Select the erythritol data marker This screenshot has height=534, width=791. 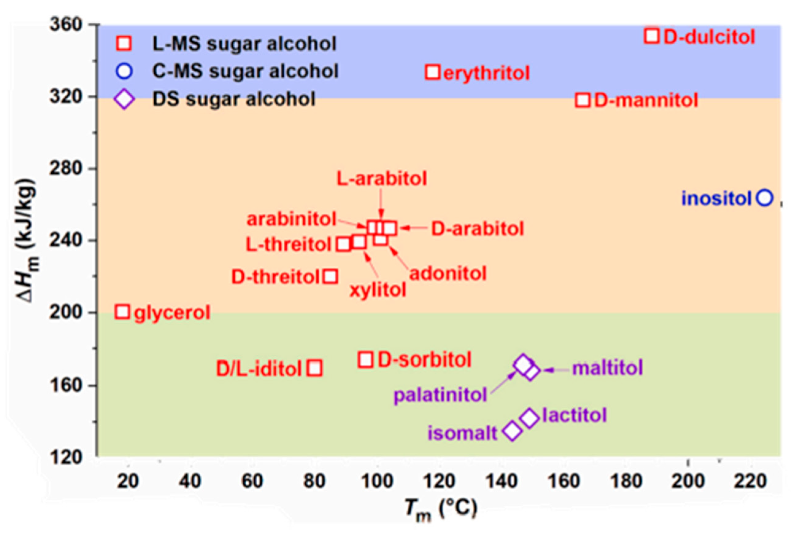(x=432, y=72)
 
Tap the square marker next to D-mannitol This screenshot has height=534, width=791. (x=583, y=100)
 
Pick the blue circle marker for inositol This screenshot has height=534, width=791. (x=765, y=198)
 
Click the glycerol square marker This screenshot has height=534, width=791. (x=122, y=312)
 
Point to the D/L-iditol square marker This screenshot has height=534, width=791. (x=315, y=368)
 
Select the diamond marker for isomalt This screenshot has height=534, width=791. (x=512, y=431)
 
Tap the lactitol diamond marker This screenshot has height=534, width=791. (x=529, y=418)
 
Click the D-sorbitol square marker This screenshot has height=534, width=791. (x=366, y=360)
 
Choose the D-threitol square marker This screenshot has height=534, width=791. (x=330, y=276)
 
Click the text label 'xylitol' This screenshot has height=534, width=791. (x=378, y=290)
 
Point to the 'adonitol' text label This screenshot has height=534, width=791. (x=448, y=274)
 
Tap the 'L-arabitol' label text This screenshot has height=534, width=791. (x=382, y=179)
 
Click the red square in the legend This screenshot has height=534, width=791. (x=124, y=44)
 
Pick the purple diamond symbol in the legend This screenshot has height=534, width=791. (x=124, y=99)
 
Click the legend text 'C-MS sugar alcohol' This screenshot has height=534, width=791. (x=245, y=71)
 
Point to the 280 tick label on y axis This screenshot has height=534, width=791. (x=66, y=168)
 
